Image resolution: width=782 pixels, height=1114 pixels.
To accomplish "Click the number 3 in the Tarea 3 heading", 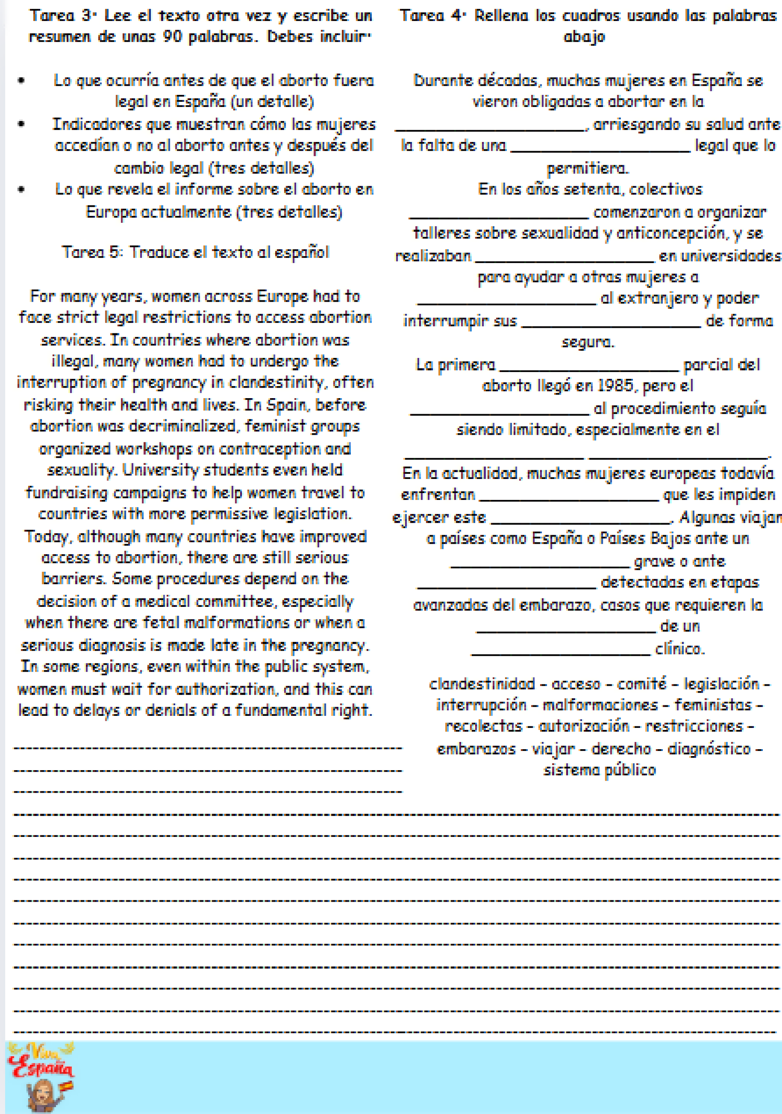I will [86, 16].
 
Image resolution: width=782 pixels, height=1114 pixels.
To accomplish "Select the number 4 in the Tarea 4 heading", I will [456, 16].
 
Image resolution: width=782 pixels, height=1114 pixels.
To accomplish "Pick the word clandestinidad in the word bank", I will [481, 684].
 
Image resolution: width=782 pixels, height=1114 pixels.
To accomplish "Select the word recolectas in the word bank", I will [483, 726].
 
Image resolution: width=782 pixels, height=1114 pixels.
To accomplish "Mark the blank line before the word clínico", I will [561, 654].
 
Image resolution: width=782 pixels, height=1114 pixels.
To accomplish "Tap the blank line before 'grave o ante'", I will [540, 566].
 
